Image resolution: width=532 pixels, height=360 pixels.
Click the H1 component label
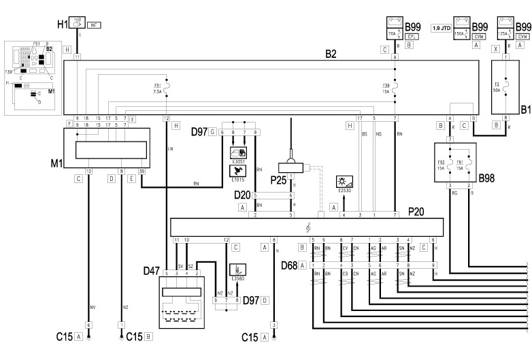[63, 24]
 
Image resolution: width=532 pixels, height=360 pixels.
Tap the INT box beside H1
[94, 25]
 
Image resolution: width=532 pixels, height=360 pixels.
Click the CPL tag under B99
[411, 35]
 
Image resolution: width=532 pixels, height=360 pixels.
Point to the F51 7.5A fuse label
[156, 88]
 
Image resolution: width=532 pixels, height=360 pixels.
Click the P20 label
[416, 212]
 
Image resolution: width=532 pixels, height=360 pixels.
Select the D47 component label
[151, 271]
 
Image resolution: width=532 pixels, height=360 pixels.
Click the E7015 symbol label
[239, 178]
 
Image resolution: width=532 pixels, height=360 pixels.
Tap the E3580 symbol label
[239, 277]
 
